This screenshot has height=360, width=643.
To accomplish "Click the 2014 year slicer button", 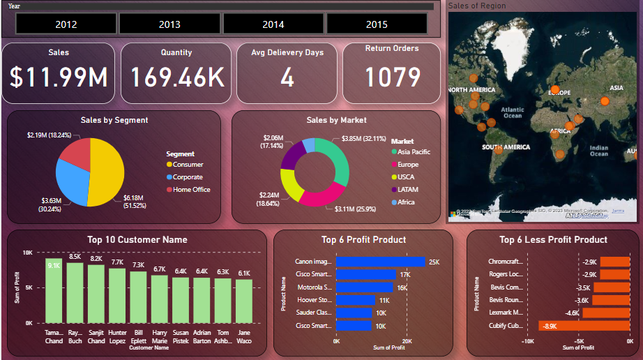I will (273, 24).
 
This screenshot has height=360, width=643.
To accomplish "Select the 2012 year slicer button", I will (66, 24).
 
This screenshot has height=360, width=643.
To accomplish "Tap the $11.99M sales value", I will (59, 77).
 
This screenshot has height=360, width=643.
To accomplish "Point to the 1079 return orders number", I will (392, 77).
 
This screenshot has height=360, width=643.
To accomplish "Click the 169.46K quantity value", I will (176, 77).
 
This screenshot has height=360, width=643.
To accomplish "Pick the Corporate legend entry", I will (188, 177).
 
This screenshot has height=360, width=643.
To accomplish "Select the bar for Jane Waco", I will (243, 301).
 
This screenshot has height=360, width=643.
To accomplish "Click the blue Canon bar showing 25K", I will (380, 262).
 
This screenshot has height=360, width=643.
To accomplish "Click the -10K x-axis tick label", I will (528, 342).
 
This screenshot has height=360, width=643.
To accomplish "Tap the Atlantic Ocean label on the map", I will (513, 113).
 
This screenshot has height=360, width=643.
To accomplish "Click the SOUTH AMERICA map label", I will (508, 147).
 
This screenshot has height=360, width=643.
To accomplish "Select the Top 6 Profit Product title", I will (363, 240).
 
